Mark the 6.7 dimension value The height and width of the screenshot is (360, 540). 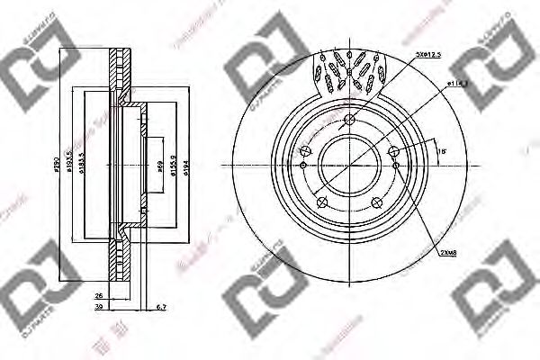click(x=161, y=308)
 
